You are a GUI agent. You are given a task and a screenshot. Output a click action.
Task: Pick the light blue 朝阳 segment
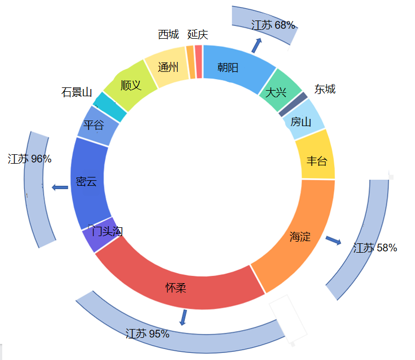click(232, 67)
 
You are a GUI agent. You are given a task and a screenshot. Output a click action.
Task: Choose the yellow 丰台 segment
click(317, 160)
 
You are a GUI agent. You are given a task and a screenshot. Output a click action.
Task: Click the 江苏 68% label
click(273, 25)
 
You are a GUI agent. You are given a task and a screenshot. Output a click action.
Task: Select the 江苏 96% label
click(30, 159)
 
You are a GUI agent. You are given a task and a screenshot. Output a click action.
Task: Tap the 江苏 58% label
click(375, 248)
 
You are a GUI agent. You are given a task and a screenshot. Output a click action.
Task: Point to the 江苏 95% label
click(147, 334)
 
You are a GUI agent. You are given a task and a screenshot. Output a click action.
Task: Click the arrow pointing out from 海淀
click(333, 240)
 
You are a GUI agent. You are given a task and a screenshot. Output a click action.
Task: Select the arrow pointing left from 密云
click(60, 187)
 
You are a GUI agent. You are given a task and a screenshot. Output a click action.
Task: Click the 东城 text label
click(325, 89)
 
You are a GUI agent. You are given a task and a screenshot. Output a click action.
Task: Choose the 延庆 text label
click(198, 34)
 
